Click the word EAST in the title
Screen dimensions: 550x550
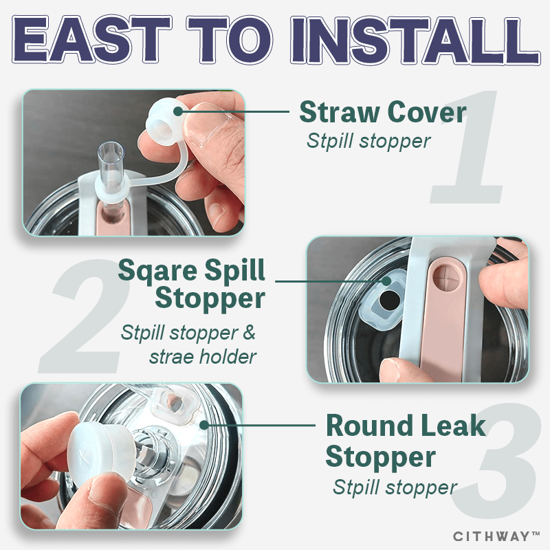tap(91, 39)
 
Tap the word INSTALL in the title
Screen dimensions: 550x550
tap(415, 40)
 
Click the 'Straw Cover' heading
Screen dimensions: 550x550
tap(383, 112)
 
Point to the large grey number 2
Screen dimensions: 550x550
tap(84, 316)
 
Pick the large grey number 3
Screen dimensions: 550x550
tap(494, 463)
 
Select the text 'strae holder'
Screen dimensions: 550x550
tap(203, 357)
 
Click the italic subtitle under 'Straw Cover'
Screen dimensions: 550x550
tap(368, 142)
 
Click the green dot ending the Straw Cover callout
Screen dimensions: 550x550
tap(178, 111)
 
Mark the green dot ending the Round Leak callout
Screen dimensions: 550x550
tap(203, 425)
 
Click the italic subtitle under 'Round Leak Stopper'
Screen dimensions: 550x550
tap(395, 487)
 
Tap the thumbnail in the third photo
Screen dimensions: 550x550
tap(104, 490)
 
